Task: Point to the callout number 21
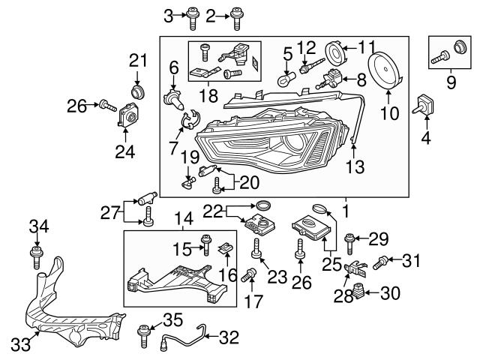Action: click(x=137, y=60)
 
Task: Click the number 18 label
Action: click(x=210, y=97)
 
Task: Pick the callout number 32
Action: click(x=228, y=337)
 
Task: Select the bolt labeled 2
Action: click(x=238, y=15)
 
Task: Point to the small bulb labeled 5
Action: click(x=286, y=78)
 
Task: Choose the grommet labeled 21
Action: click(x=137, y=91)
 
